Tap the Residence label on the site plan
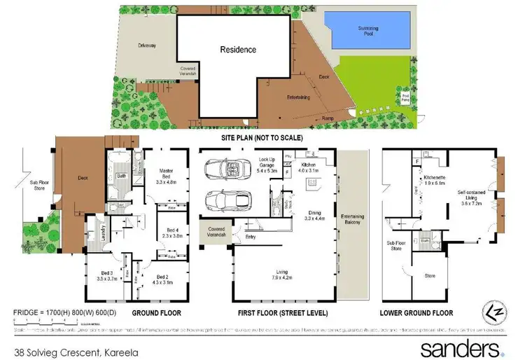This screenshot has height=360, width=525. point(238,50)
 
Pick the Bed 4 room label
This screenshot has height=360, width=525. point(173,233)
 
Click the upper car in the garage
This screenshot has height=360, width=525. point(223,170)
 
